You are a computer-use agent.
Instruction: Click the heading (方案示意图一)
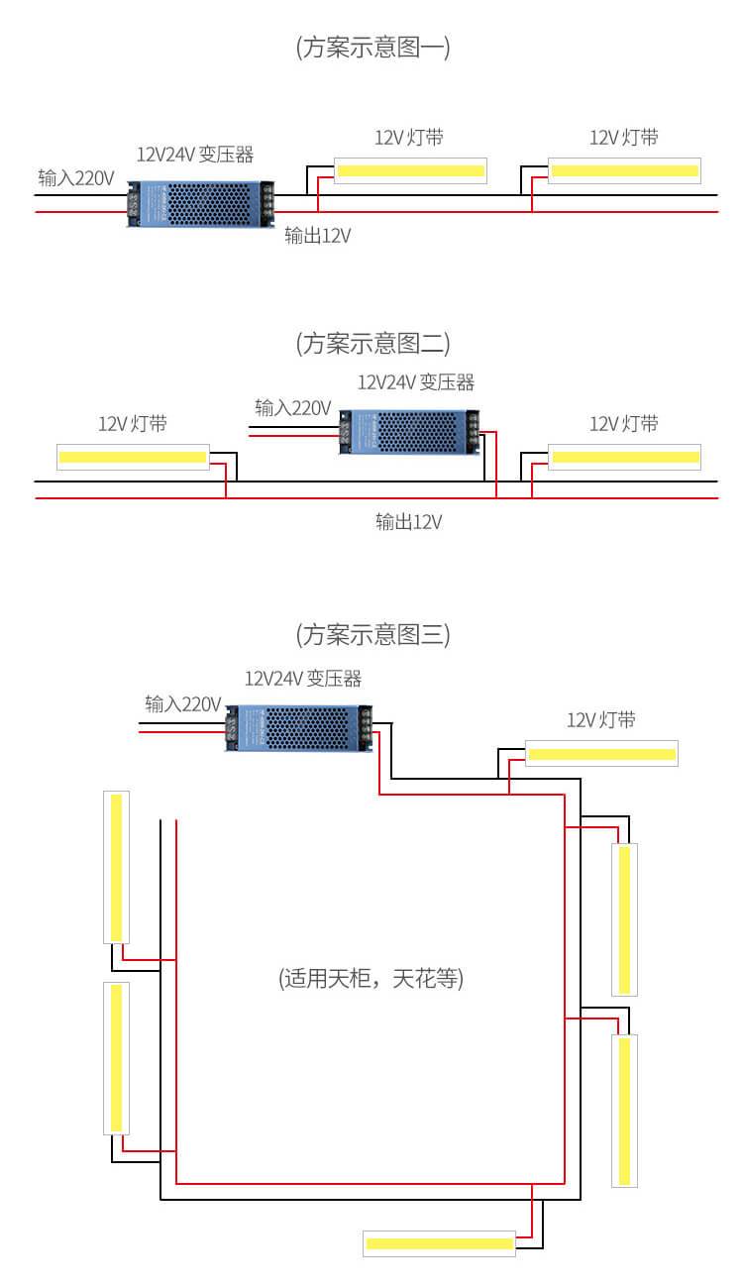coord(372,48)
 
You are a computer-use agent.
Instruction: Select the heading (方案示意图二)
coord(372,344)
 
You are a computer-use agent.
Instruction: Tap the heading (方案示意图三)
coord(372,634)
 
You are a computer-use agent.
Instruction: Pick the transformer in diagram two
coord(409,433)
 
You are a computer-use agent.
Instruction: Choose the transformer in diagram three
coord(299,727)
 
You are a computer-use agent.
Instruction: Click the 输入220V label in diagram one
coord(76,178)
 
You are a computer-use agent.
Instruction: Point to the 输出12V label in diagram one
coord(317,236)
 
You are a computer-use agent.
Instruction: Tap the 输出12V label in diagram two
coord(408,522)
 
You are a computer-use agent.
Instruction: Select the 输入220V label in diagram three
coord(182,704)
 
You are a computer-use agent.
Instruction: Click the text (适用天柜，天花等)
coord(371,979)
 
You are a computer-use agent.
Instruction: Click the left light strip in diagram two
coord(133,457)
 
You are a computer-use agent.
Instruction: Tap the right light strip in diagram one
coord(625,171)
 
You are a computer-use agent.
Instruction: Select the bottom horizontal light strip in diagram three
coord(439,1243)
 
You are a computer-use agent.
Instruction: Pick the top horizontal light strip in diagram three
coord(601,754)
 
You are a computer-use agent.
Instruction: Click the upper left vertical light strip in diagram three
coord(117,867)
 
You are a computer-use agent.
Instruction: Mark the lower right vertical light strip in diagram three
coord(624,1111)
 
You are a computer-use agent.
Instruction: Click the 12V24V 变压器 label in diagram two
coord(416,382)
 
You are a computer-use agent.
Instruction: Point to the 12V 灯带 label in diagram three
coord(601,720)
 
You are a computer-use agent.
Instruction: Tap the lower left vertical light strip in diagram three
coord(117,1057)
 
